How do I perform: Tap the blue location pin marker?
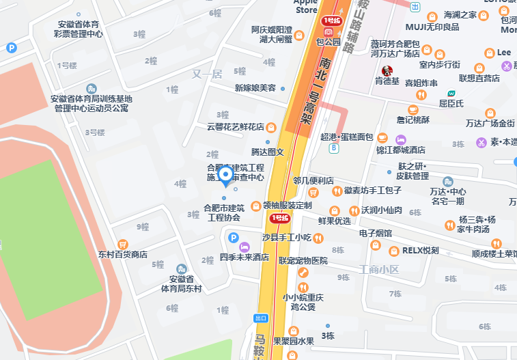pos(227,177)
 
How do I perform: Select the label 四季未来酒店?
pos(244,258)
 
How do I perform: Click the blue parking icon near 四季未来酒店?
pos(233,238)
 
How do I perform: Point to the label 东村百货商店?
pos(123,254)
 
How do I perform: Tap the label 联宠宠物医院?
pos(303,261)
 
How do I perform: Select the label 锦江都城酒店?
pos(400,150)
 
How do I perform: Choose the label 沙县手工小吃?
pos(287,238)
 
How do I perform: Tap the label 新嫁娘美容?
pos(255,88)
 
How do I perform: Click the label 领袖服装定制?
pos(287,205)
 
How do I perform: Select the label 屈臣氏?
pos(451,104)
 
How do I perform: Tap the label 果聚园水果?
pos(294,342)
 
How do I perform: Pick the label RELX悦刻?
pos(420,251)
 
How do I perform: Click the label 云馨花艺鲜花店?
pos(235,127)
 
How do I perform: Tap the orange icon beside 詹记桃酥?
pos(413,110)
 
